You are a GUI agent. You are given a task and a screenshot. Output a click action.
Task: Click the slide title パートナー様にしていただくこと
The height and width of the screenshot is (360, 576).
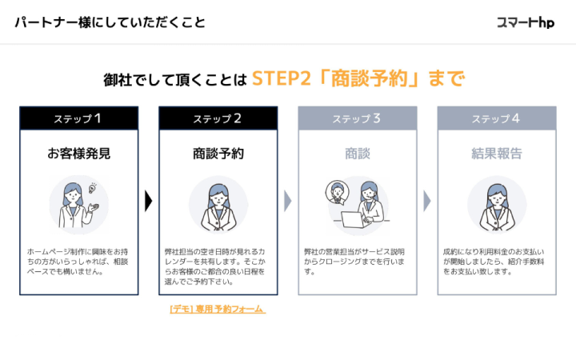coord(110,22)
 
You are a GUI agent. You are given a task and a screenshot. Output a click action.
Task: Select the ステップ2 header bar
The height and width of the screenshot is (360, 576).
coord(218,118)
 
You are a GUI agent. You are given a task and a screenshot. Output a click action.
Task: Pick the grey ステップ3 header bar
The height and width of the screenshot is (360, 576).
coord(357,118)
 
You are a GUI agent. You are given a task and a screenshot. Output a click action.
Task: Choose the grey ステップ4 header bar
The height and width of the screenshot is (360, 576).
coord(496,118)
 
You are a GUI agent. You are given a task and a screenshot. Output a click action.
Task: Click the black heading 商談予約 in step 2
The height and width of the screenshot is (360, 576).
coord(218,153)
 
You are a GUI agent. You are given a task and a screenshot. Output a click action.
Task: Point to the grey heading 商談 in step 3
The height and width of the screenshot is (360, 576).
coord(357,153)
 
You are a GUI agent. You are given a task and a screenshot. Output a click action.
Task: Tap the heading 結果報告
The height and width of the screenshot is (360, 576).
coord(496,153)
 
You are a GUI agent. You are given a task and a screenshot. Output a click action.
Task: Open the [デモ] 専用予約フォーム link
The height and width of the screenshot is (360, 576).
coord(218,309)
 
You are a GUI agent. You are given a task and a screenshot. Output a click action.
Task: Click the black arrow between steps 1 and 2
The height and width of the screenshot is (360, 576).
coord(148,201)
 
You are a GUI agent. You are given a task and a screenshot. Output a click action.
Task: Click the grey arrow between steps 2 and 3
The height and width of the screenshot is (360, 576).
coord(287,201)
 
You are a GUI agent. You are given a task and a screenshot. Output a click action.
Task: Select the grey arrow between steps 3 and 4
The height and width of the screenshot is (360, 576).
coord(426,201)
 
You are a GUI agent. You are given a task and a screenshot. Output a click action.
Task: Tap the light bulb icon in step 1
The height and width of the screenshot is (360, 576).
coord(93,188)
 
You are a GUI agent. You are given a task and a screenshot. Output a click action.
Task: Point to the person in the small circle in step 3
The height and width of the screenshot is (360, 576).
coord(338,192)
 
